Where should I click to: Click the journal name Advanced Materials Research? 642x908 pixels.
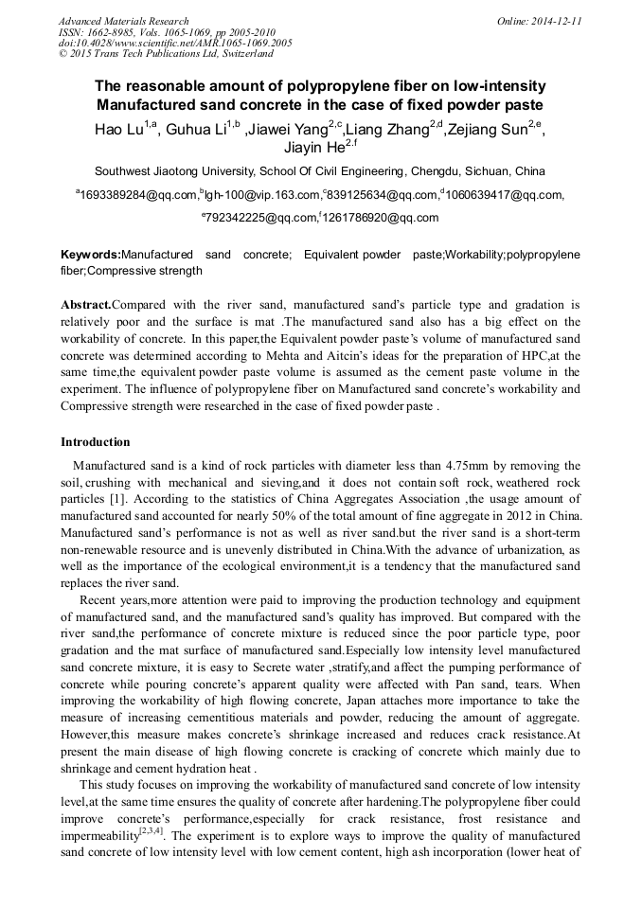point(123,21)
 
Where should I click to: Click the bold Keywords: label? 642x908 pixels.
point(91,256)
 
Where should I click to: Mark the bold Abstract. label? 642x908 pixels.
point(86,305)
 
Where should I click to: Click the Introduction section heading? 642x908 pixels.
point(96,442)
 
